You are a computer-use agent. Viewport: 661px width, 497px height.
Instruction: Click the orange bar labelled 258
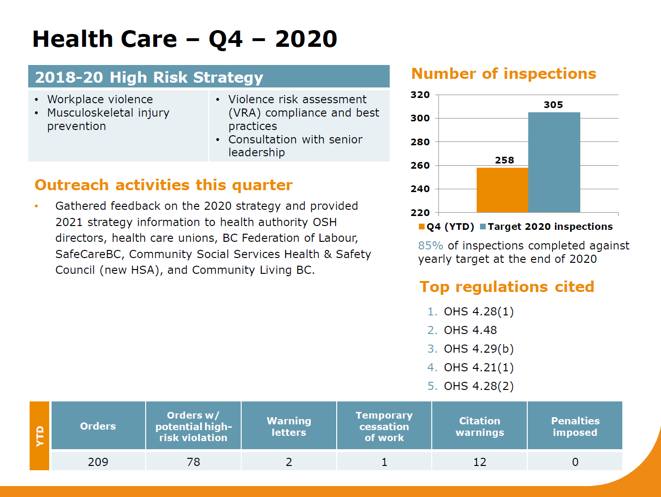coord(502,190)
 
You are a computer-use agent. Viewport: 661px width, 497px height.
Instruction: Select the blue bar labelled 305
coord(554,162)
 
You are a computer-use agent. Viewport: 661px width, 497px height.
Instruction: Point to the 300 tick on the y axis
coord(420,118)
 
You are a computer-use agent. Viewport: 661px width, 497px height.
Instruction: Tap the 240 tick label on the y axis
coord(420,189)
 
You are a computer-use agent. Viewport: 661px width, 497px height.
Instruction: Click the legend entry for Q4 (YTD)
coord(446,227)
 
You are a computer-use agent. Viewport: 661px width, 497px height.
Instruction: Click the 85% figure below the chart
coord(430,246)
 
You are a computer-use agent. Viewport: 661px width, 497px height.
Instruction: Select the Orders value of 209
coord(98,462)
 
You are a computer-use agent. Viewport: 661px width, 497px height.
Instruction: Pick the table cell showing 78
coord(193,462)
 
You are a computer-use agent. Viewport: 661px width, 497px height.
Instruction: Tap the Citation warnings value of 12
coord(480,462)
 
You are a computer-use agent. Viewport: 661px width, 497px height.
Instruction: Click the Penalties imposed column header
coord(575,426)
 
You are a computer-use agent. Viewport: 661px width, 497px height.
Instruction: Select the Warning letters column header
coord(289,426)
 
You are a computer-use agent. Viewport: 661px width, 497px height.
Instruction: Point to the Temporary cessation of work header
coord(384,426)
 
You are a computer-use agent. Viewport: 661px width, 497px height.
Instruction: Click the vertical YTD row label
coord(40,436)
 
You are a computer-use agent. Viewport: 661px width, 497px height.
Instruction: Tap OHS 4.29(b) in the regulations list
coord(479,349)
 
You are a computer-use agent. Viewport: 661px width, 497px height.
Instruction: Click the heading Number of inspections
coord(503,74)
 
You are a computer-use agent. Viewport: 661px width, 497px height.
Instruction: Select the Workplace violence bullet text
coord(100,99)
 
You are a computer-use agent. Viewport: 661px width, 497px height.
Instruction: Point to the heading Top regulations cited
coord(507,287)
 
